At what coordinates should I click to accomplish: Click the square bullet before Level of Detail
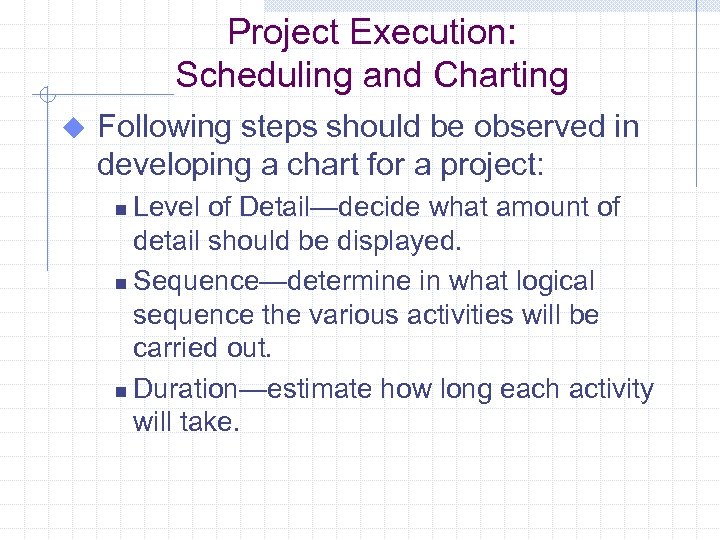coord(120,210)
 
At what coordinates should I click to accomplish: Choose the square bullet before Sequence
coord(120,284)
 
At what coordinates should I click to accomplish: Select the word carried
coord(174,350)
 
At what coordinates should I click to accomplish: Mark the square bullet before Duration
coord(120,391)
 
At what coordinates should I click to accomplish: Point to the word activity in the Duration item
coord(611,388)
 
